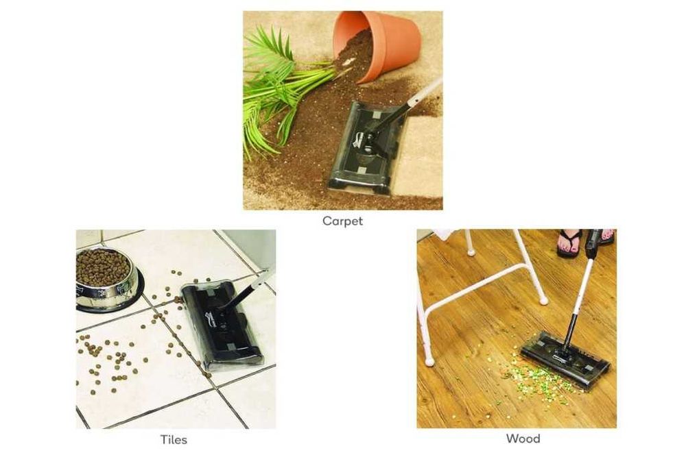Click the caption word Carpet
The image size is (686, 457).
click(x=342, y=221)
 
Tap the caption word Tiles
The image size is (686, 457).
click(x=174, y=439)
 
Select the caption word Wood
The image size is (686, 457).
click(x=523, y=439)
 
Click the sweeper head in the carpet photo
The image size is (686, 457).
click(x=366, y=148)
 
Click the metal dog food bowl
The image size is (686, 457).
click(x=106, y=280)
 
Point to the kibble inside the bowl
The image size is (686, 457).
click(x=102, y=267)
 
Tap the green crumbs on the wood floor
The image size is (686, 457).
click(x=534, y=379)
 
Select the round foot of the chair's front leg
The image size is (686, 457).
click(x=429, y=361)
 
